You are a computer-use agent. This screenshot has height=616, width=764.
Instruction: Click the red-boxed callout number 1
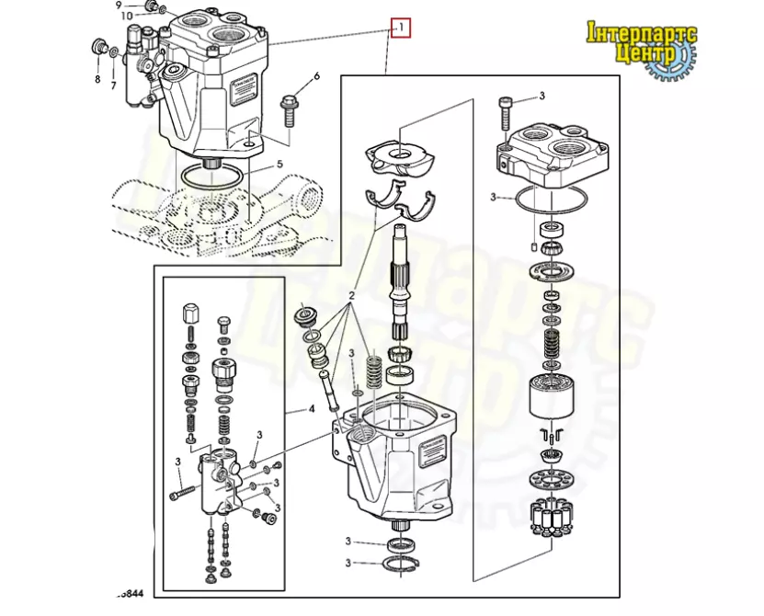400,28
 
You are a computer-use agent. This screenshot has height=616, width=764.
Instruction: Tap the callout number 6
317,76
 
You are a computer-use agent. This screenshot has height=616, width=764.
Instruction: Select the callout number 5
280,165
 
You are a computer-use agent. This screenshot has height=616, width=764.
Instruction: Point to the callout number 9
119,6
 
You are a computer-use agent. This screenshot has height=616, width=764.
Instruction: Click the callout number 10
126,17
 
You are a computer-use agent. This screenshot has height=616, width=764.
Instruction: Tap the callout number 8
97,79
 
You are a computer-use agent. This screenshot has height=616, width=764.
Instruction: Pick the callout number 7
114,86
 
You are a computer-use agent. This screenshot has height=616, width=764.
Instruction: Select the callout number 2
351,297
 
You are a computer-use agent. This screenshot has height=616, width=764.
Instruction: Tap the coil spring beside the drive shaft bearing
373,373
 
